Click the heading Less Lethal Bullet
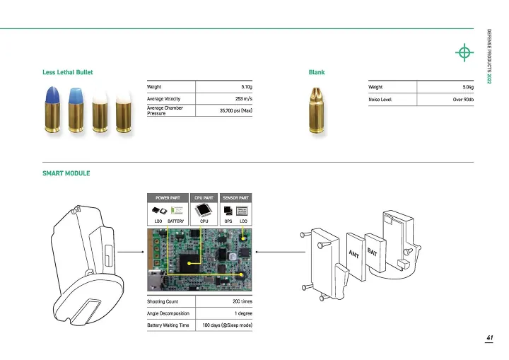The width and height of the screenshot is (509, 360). (x=68, y=72)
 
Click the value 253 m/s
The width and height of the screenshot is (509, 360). (x=243, y=98)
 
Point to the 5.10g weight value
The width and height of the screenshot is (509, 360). (x=247, y=86)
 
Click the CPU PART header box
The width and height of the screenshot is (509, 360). (x=204, y=197)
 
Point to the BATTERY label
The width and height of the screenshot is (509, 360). (x=177, y=221)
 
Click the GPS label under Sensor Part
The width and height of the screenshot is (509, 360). (x=228, y=221)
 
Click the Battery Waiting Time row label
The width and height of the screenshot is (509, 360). (x=168, y=325)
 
